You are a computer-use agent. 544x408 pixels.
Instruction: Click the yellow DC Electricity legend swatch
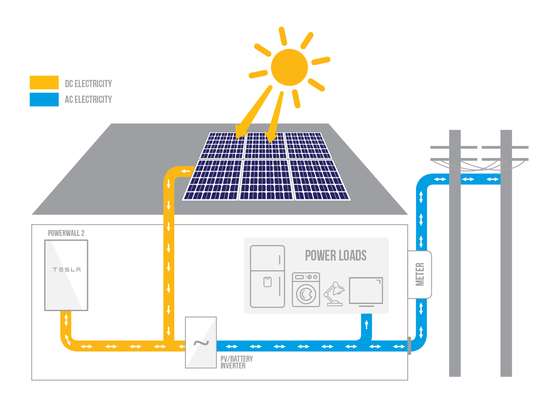pyautogui.click(x=44, y=82)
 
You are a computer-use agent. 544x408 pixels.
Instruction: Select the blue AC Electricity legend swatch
pyautogui.click(x=44, y=99)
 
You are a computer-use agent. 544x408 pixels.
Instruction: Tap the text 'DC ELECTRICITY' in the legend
pyautogui.click(x=88, y=84)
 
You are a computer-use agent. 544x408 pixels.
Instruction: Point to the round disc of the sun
pyautogui.click(x=289, y=67)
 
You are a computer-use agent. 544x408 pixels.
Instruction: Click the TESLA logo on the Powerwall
pyautogui.click(x=67, y=269)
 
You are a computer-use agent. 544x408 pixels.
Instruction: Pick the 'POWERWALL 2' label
pyautogui.click(x=66, y=233)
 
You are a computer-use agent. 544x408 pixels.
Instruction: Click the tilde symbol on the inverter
pyautogui.click(x=201, y=343)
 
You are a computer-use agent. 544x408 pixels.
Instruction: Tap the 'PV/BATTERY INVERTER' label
pyautogui.click(x=236, y=362)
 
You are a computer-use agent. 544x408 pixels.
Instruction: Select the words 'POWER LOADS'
pyautogui.click(x=336, y=255)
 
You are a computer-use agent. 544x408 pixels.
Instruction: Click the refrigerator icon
pyautogui.click(x=267, y=276)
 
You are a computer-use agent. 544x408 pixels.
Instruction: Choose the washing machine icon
pyautogui.click(x=306, y=290)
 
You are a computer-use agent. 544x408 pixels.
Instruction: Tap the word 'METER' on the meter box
pyautogui.click(x=420, y=274)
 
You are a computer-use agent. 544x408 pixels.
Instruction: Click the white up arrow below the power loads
pyautogui.click(x=366, y=324)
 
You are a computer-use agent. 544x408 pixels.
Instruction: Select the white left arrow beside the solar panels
pyautogui.click(x=185, y=171)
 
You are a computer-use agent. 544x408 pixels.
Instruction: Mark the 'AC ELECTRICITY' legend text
pyautogui.click(x=88, y=99)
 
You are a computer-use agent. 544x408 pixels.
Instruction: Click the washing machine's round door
pyautogui.click(x=306, y=294)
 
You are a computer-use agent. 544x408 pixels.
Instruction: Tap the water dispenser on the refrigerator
pyautogui.click(x=267, y=282)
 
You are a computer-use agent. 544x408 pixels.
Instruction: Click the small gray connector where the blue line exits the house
pyautogui.click(x=409, y=346)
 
